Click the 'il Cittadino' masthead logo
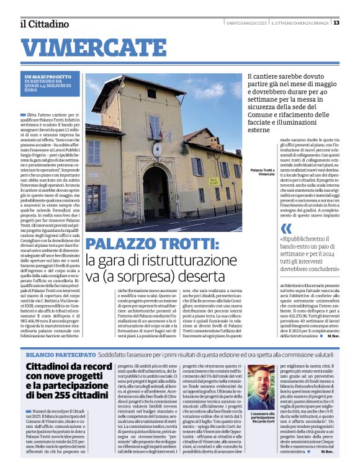point(43,24)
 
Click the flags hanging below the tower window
point(155,130)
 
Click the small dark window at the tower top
point(151,94)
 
